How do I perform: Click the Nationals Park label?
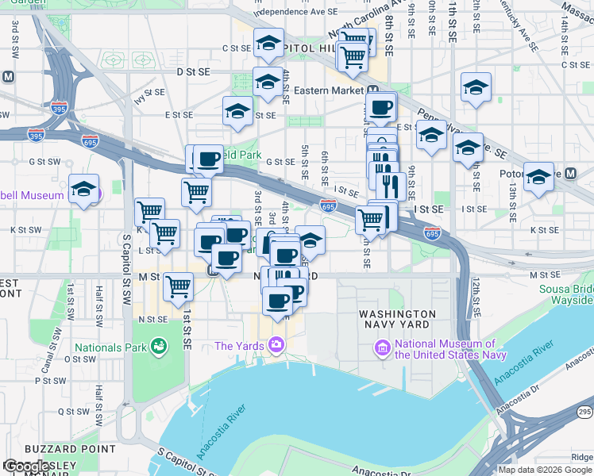pos(110,347)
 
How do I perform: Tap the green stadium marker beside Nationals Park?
pos(159,347)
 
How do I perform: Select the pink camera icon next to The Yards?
pos(276,344)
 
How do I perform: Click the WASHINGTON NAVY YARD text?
pos(397,319)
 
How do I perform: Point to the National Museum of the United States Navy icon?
pos(383,348)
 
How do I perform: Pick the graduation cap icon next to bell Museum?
pos(83,190)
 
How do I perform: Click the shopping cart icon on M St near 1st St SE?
pos(178,287)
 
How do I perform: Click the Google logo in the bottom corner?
pos(27,466)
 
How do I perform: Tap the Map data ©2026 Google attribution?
pos(544,470)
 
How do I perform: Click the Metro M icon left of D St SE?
pos(8,77)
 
